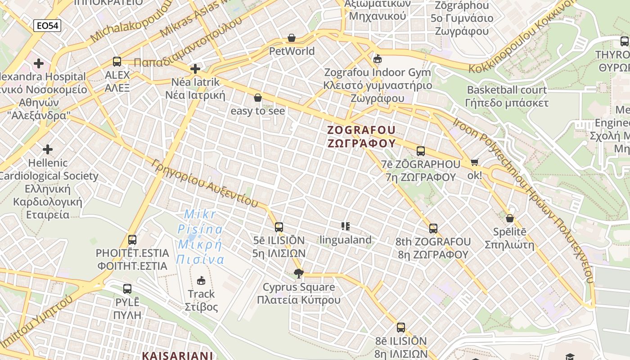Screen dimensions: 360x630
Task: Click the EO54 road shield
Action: [47, 26]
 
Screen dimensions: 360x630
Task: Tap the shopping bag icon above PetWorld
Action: [292, 38]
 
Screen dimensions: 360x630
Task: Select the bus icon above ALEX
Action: [117, 62]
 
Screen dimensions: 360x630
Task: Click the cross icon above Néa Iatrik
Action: [195, 69]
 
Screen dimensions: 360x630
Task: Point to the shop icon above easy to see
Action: [258, 98]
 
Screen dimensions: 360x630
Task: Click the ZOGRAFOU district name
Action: [361, 130]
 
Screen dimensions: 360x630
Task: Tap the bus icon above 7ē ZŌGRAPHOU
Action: [421, 151]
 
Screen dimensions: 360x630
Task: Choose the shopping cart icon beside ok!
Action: [475, 162]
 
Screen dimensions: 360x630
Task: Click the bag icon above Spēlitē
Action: [510, 219]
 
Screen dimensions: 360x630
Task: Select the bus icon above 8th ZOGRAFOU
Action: [433, 229]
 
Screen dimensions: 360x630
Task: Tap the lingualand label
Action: [346, 240]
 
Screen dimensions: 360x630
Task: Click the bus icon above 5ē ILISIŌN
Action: [279, 227]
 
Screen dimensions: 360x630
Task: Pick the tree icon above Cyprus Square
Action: [298, 273]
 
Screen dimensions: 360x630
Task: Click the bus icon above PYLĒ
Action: [127, 288]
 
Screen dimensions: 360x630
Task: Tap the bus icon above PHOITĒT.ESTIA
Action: [132, 240]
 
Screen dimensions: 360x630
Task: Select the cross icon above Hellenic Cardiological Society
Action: [48, 149]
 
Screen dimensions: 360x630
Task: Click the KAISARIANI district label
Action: [177, 355]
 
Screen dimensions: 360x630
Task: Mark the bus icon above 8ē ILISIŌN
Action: [401, 328]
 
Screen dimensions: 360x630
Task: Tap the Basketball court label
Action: [507, 90]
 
